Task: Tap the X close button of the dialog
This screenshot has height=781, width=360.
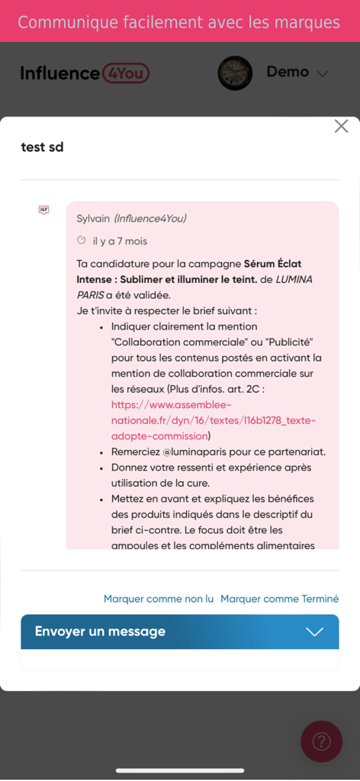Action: (341, 127)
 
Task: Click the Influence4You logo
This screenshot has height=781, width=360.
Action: (85, 73)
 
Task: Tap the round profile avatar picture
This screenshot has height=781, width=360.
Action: (235, 73)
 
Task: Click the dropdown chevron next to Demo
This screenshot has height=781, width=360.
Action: (323, 74)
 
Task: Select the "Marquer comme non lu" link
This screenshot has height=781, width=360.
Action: (159, 599)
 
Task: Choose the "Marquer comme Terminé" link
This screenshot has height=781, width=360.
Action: (279, 599)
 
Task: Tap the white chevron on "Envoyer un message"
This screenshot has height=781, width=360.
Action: (314, 632)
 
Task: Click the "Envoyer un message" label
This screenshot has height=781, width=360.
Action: (100, 632)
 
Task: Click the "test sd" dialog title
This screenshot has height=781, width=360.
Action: (42, 147)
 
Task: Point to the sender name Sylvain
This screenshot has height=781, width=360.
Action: (93, 219)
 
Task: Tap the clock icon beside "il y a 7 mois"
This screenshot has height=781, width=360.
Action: (82, 240)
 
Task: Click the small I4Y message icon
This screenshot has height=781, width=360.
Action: (43, 210)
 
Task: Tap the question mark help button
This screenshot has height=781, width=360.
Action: (321, 741)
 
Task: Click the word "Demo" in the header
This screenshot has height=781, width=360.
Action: (288, 72)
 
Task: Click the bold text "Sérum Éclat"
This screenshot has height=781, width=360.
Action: (272, 264)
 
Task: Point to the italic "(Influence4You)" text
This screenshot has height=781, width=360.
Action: (150, 219)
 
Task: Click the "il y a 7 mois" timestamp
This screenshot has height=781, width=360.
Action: (120, 241)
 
